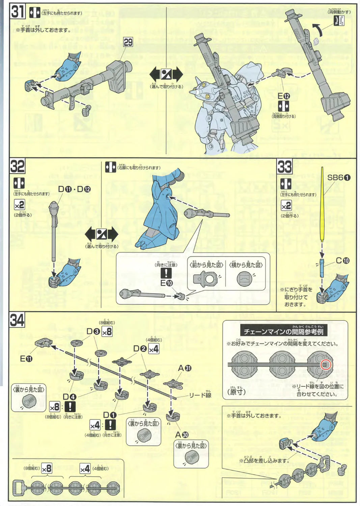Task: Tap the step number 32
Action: tap(17, 166)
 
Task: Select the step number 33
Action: tap(284, 167)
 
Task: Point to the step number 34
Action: tap(17, 320)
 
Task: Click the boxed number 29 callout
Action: tap(128, 42)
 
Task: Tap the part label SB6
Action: tap(339, 178)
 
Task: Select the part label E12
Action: tap(283, 96)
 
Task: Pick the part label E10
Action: tap(166, 283)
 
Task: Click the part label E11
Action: tap(26, 359)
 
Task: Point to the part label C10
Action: tap(342, 260)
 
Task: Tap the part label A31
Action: tap(185, 368)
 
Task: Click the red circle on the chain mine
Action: tap(326, 365)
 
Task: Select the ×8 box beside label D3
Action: tap(107, 332)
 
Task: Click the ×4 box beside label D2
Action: tap(154, 349)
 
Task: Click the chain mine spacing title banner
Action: tap(283, 332)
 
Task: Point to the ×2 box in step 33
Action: tap(286, 205)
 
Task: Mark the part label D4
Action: tap(70, 397)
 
